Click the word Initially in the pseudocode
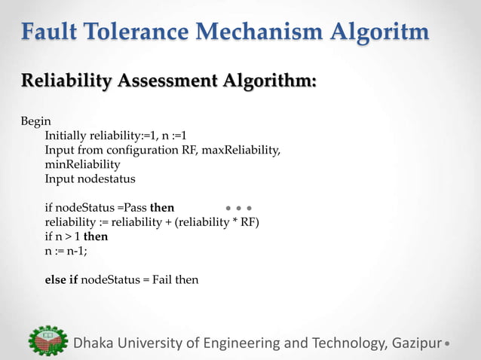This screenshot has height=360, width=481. pyautogui.click(x=66, y=136)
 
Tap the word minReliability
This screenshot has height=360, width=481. pyautogui.click(x=82, y=165)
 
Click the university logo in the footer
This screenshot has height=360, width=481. pyautogui.click(x=46, y=342)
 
